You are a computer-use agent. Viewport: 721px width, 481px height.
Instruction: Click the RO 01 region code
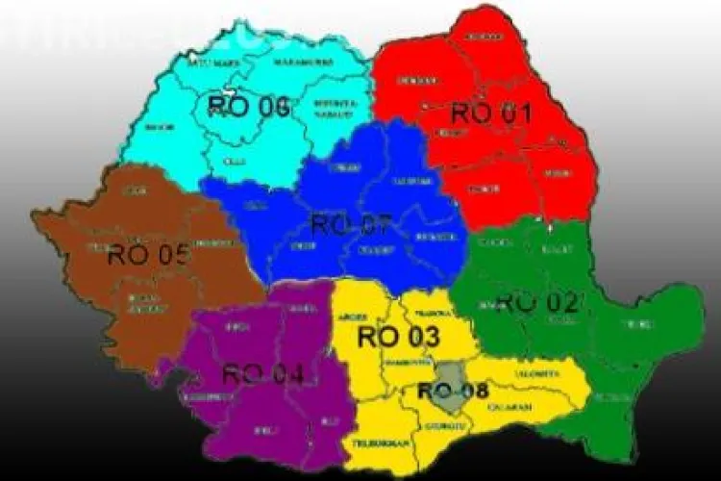(x=491, y=113)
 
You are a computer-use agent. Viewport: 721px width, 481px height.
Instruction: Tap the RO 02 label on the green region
(x=537, y=301)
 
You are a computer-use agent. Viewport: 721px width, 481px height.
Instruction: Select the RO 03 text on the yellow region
(x=398, y=337)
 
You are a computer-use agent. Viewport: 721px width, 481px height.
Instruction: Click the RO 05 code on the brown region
(x=148, y=255)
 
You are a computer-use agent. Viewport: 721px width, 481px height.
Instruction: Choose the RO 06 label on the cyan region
(x=248, y=106)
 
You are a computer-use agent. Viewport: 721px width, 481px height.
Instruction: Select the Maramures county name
(x=278, y=63)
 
